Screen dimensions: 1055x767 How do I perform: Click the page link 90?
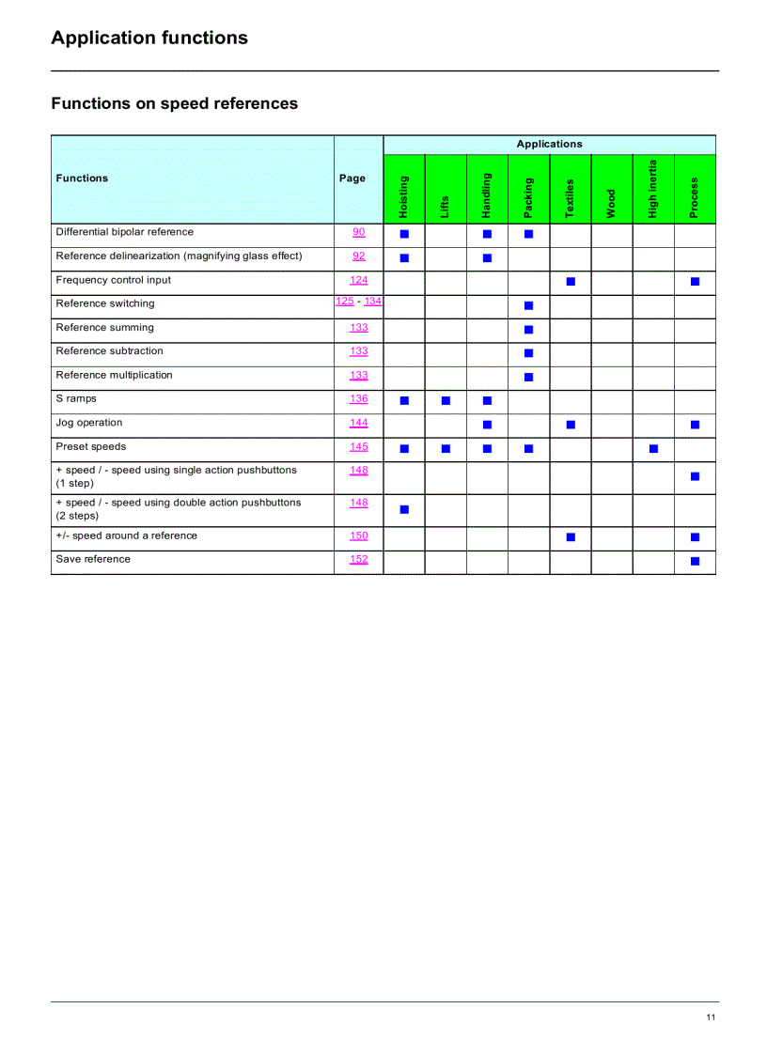[x=359, y=232]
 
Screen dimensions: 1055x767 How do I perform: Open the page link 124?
[x=359, y=280]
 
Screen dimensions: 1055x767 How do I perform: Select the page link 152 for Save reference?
[x=359, y=559]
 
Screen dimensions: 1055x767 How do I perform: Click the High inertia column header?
[x=653, y=189]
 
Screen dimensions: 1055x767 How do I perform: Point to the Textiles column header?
[x=570, y=198]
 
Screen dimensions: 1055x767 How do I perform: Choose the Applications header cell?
[x=549, y=144]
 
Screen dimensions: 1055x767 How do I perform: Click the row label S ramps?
[x=76, y=398]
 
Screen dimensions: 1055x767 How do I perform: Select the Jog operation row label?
[x=89, y=423]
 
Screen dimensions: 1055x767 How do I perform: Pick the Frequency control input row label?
[x=114, y=280]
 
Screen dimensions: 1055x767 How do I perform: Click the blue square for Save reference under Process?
[x=695, y=561]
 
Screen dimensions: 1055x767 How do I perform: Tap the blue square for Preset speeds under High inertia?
[x=653, y=448]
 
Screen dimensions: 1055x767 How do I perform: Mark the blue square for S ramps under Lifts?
[x=446, y=400]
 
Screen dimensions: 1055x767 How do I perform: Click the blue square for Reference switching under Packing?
[x=528, y=305]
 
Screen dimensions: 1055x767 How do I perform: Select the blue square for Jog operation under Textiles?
[x=571, y=425]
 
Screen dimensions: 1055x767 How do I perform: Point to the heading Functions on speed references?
[x=174, y=103]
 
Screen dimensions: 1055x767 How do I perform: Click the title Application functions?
[x=149, y=38]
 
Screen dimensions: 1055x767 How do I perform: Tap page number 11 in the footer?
[x=711, y=1017]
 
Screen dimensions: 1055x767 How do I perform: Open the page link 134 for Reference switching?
[x=373, y=301]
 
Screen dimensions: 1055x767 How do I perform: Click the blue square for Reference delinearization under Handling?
[x=487, y=257]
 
